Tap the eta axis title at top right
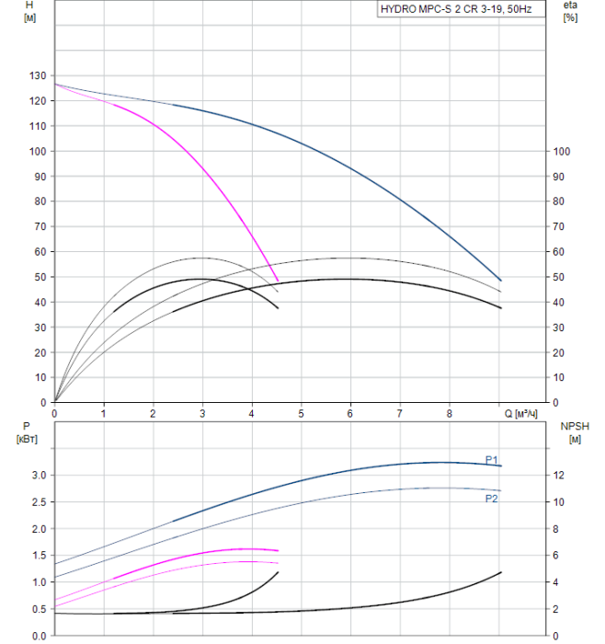click(570, 6)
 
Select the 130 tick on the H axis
click(37, 76)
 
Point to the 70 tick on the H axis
click(40, 227)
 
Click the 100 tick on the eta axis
click(563, 152)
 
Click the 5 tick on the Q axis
click(302, 414)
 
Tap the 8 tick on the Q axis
click(450, 414)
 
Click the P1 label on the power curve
click(492, 459)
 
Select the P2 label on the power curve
click(492, 498)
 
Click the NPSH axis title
click(571, 426)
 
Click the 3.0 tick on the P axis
click(39, 476)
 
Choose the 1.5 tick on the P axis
click(39, 556)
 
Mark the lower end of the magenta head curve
click(278, 282)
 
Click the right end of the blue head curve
click(501, 280)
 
